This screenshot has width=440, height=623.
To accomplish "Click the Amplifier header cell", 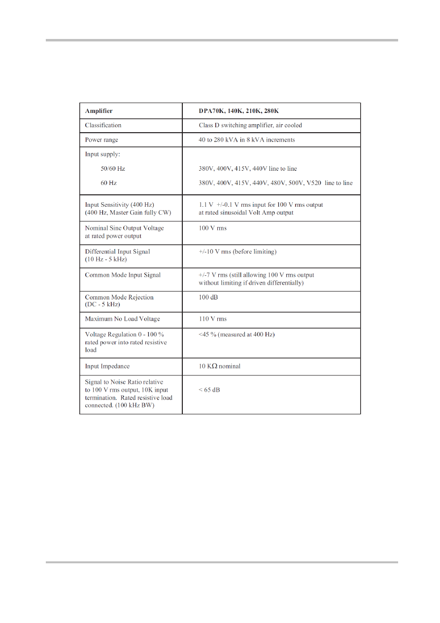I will (x=99, y=111).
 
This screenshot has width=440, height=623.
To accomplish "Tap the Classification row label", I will (x=103, y=125).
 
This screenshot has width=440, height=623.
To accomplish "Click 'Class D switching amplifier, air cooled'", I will (x=250, y=125).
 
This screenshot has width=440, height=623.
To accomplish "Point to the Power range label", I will (x=102, y=140).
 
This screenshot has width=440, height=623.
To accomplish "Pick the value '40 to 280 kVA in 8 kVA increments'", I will (x=247, y=140).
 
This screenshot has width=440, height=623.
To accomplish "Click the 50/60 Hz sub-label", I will (x=113, y=169).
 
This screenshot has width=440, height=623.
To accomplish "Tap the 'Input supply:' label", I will (x=102, y=154).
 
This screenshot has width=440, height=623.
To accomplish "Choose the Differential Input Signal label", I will (x=117, y=252).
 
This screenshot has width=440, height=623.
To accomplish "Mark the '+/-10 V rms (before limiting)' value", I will (x=237, y=252).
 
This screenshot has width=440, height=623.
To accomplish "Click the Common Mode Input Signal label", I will (x=123, y=275).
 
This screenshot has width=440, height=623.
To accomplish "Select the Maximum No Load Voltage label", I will (x=122, y=319).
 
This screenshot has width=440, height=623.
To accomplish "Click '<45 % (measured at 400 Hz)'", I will (x=237, y=334).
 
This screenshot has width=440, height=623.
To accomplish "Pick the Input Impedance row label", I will (x=108, y=366).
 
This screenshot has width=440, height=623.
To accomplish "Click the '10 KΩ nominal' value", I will (x=219, y=366).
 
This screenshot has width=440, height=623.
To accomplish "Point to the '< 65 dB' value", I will (x=209, y=390).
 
